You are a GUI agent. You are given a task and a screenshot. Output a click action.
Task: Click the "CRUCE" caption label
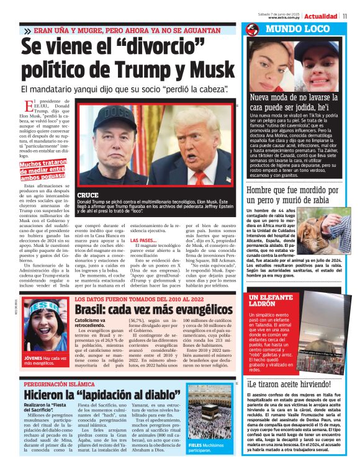tap(88, 195)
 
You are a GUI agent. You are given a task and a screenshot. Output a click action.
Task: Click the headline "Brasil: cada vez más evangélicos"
tap(153, 308)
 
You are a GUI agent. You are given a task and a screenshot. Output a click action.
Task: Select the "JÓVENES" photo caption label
tap(33, 358)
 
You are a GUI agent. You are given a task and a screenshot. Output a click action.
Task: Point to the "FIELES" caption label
tap(196, 445)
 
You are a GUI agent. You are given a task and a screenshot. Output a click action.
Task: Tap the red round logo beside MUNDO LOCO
tap(252, 29)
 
